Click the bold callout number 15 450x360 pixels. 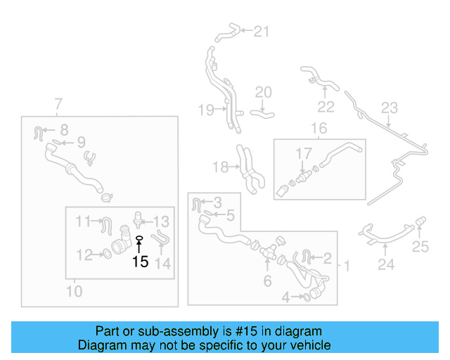click(140, 262)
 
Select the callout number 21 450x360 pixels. click(261, 31)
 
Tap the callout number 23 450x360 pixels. click(389, 108)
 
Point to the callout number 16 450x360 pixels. click(319, 128)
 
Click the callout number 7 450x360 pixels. click(58, 105)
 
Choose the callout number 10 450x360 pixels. click(74, 290)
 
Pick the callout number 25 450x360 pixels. click(420, 246)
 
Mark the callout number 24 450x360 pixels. click(386, 264)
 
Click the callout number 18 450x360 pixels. click(220, 167)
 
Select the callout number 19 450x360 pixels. click(205, 109)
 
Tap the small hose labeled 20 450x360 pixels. click(264, 110)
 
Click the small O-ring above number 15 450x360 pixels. click(139, 239)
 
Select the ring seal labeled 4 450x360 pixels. click(309, 297)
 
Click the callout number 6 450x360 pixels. click(266, 281)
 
